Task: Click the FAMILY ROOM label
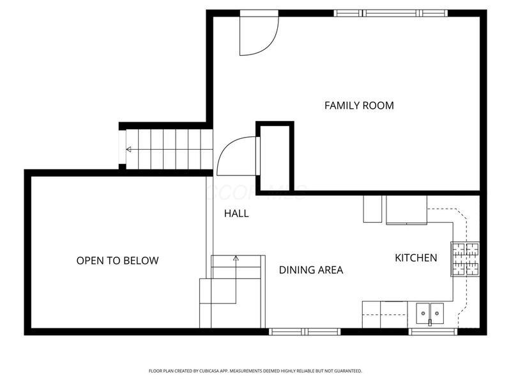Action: [x=358, y=105]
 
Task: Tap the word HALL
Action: [x=236, y=214]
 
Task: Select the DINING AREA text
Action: [x=311, y=270]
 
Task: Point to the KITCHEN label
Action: [x=416, y=258]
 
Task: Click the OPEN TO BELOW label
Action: [x=118, y=260]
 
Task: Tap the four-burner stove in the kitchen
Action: [x=465, y=259]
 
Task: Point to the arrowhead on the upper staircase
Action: [x=129, y=150]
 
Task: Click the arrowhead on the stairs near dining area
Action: [x=236, y=259]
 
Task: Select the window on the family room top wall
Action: [x=390, y=13]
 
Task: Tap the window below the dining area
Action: [x=305, y=332]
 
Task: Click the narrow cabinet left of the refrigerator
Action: [x=372, y=209]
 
